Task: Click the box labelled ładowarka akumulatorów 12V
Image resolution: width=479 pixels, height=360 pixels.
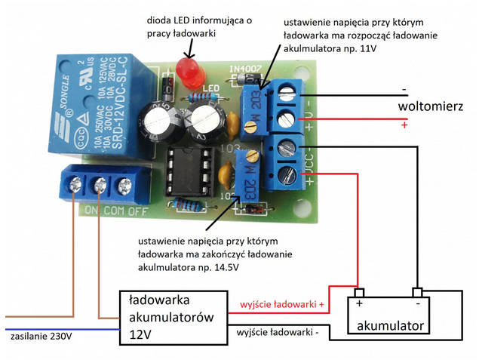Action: coord(173,317)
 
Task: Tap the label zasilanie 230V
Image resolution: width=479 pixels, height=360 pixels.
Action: coord(41,336)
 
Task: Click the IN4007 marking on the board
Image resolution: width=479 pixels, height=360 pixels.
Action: coord(239,67)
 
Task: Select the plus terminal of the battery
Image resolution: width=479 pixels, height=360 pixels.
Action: coord(360,293)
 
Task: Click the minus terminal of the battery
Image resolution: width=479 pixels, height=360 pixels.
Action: coord(417,293)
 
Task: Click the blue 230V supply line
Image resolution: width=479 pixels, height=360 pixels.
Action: coord(60,329)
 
